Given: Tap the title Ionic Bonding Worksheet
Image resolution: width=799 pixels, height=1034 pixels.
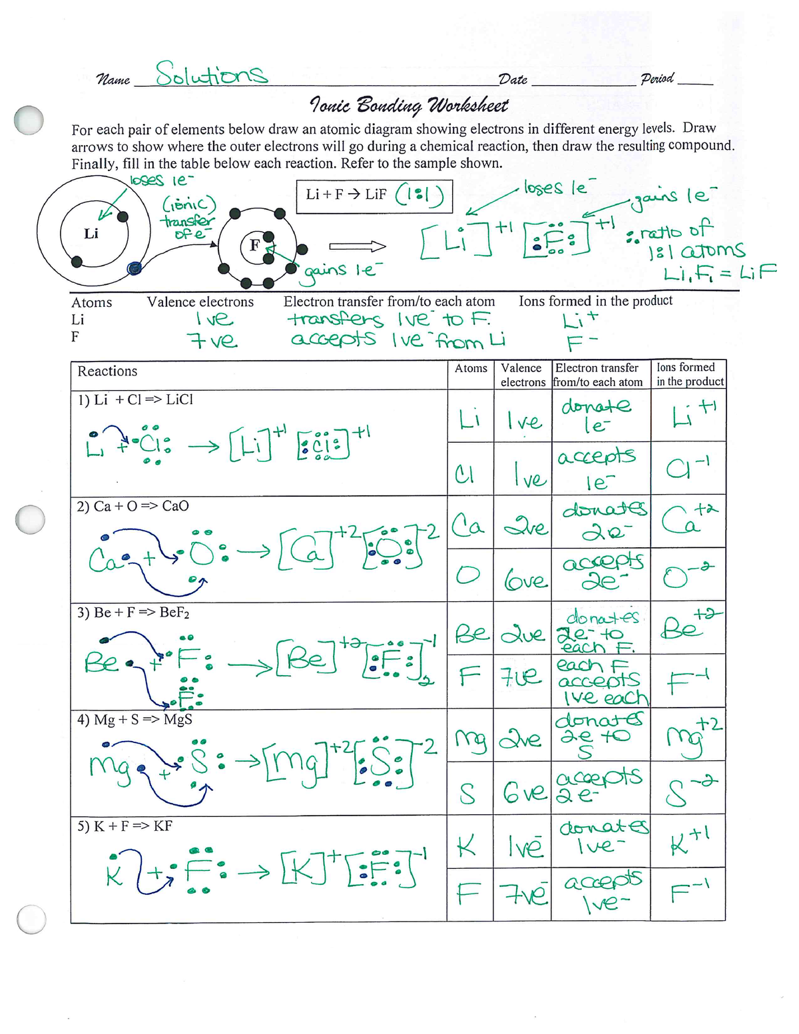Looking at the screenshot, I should click(409, 105).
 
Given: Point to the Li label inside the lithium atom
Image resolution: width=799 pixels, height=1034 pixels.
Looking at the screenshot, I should click(91, 234).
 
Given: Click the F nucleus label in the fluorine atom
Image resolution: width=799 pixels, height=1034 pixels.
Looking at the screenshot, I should click(254, 245).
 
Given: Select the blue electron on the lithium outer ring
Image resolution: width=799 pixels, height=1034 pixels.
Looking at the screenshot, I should click(135, 268).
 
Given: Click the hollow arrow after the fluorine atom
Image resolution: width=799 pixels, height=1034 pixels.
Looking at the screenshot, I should click(368, 247).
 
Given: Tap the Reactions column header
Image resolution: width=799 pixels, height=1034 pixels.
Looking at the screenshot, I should click(107, 372).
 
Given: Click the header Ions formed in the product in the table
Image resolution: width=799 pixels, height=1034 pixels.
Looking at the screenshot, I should click(689, 374).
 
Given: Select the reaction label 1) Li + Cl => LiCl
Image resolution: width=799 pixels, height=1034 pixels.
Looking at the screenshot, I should click(135, 399).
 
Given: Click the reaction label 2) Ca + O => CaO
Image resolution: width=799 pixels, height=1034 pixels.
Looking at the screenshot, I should click(133, 506).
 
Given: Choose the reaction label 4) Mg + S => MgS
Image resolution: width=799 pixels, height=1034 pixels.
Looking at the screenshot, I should click(134, 719).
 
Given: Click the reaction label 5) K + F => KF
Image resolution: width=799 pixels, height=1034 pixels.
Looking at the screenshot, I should click(125, 826).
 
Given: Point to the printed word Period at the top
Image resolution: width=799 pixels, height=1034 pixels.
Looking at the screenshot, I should click(657, 79).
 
